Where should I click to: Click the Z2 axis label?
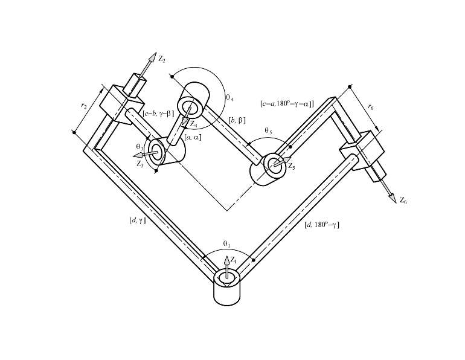point(162,59)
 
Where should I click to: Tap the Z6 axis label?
point(403,201)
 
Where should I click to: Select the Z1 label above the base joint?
point(234,260)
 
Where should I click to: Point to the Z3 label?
point(140,164)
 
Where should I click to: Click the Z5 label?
point(292,166)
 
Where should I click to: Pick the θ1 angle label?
point(227,244)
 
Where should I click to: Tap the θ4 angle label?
point(230,97)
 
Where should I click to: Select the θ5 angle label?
point(268,130)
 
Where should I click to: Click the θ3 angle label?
point(140,147)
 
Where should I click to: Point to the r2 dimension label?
point(84,105)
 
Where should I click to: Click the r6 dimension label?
point(371,106)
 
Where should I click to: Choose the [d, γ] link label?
point(137,220)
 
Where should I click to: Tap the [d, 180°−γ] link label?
point(322,225)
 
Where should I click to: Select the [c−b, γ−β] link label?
point(158,114)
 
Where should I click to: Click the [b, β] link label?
point(237,120)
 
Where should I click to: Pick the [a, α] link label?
point(193,137)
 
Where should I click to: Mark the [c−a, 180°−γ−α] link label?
point(287,104)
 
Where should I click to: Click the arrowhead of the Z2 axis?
point(152,57)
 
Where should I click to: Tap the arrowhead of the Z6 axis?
point(393,198)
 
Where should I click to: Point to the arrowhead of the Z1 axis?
point(227,260)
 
